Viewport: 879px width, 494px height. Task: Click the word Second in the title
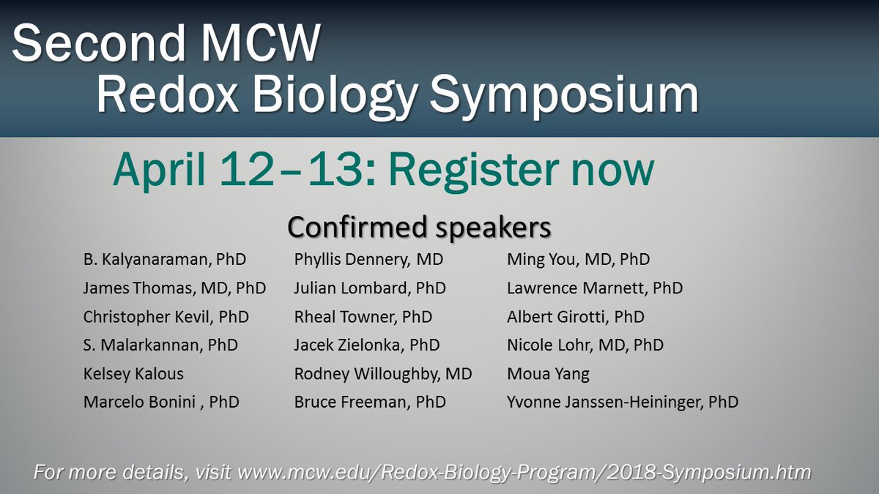tap(98, 45)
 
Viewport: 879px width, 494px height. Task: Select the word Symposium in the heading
tap(563, 95)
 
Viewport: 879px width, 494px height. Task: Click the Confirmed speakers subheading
tap(419, 227)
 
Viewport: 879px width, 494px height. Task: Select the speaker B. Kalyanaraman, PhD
tap(165, 259)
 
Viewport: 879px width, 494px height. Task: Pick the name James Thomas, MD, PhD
tap(174, 288)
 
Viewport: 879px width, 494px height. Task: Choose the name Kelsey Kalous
tap(133, 373)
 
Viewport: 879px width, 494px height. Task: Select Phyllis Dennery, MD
tap(368, 259)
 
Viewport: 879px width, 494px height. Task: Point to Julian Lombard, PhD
tap(370, 288)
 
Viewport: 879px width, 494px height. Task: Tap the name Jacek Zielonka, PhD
tap(367, 345)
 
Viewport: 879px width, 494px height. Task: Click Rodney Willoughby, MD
tap(383, 373)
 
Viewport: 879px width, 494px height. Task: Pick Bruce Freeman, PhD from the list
tap(370, 402)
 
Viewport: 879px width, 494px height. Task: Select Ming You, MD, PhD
tap(578, 259)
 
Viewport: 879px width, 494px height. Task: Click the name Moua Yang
tap(548, 373)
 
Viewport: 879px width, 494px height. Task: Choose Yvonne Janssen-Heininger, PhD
tap(623, 402)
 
